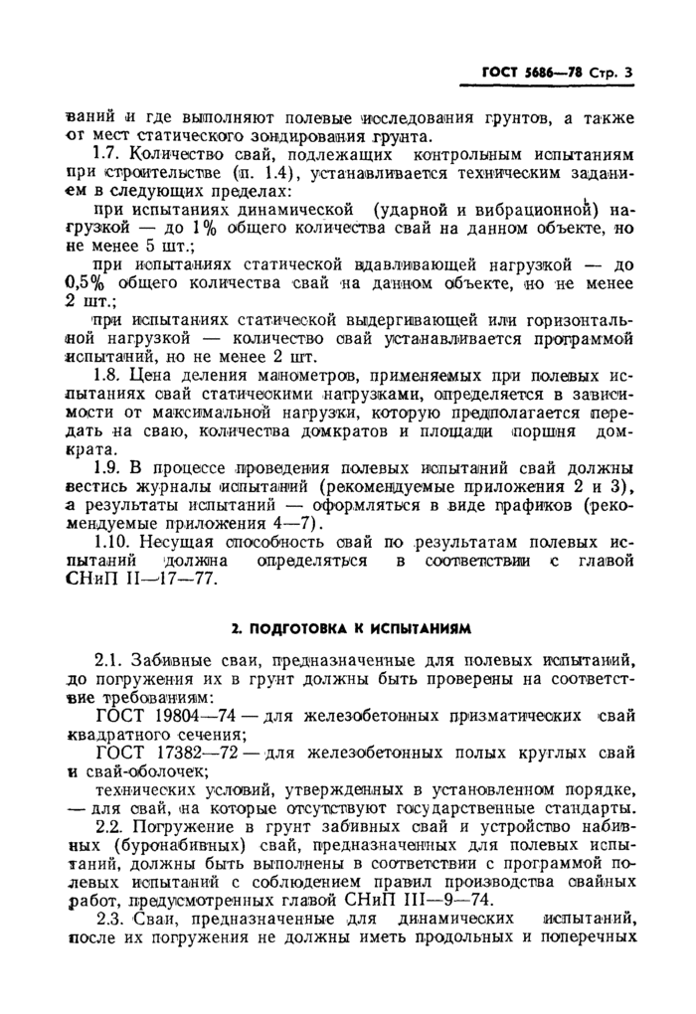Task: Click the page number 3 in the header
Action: click(x=628, y=72)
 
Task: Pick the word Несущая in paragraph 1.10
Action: click(x=177, y=542)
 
